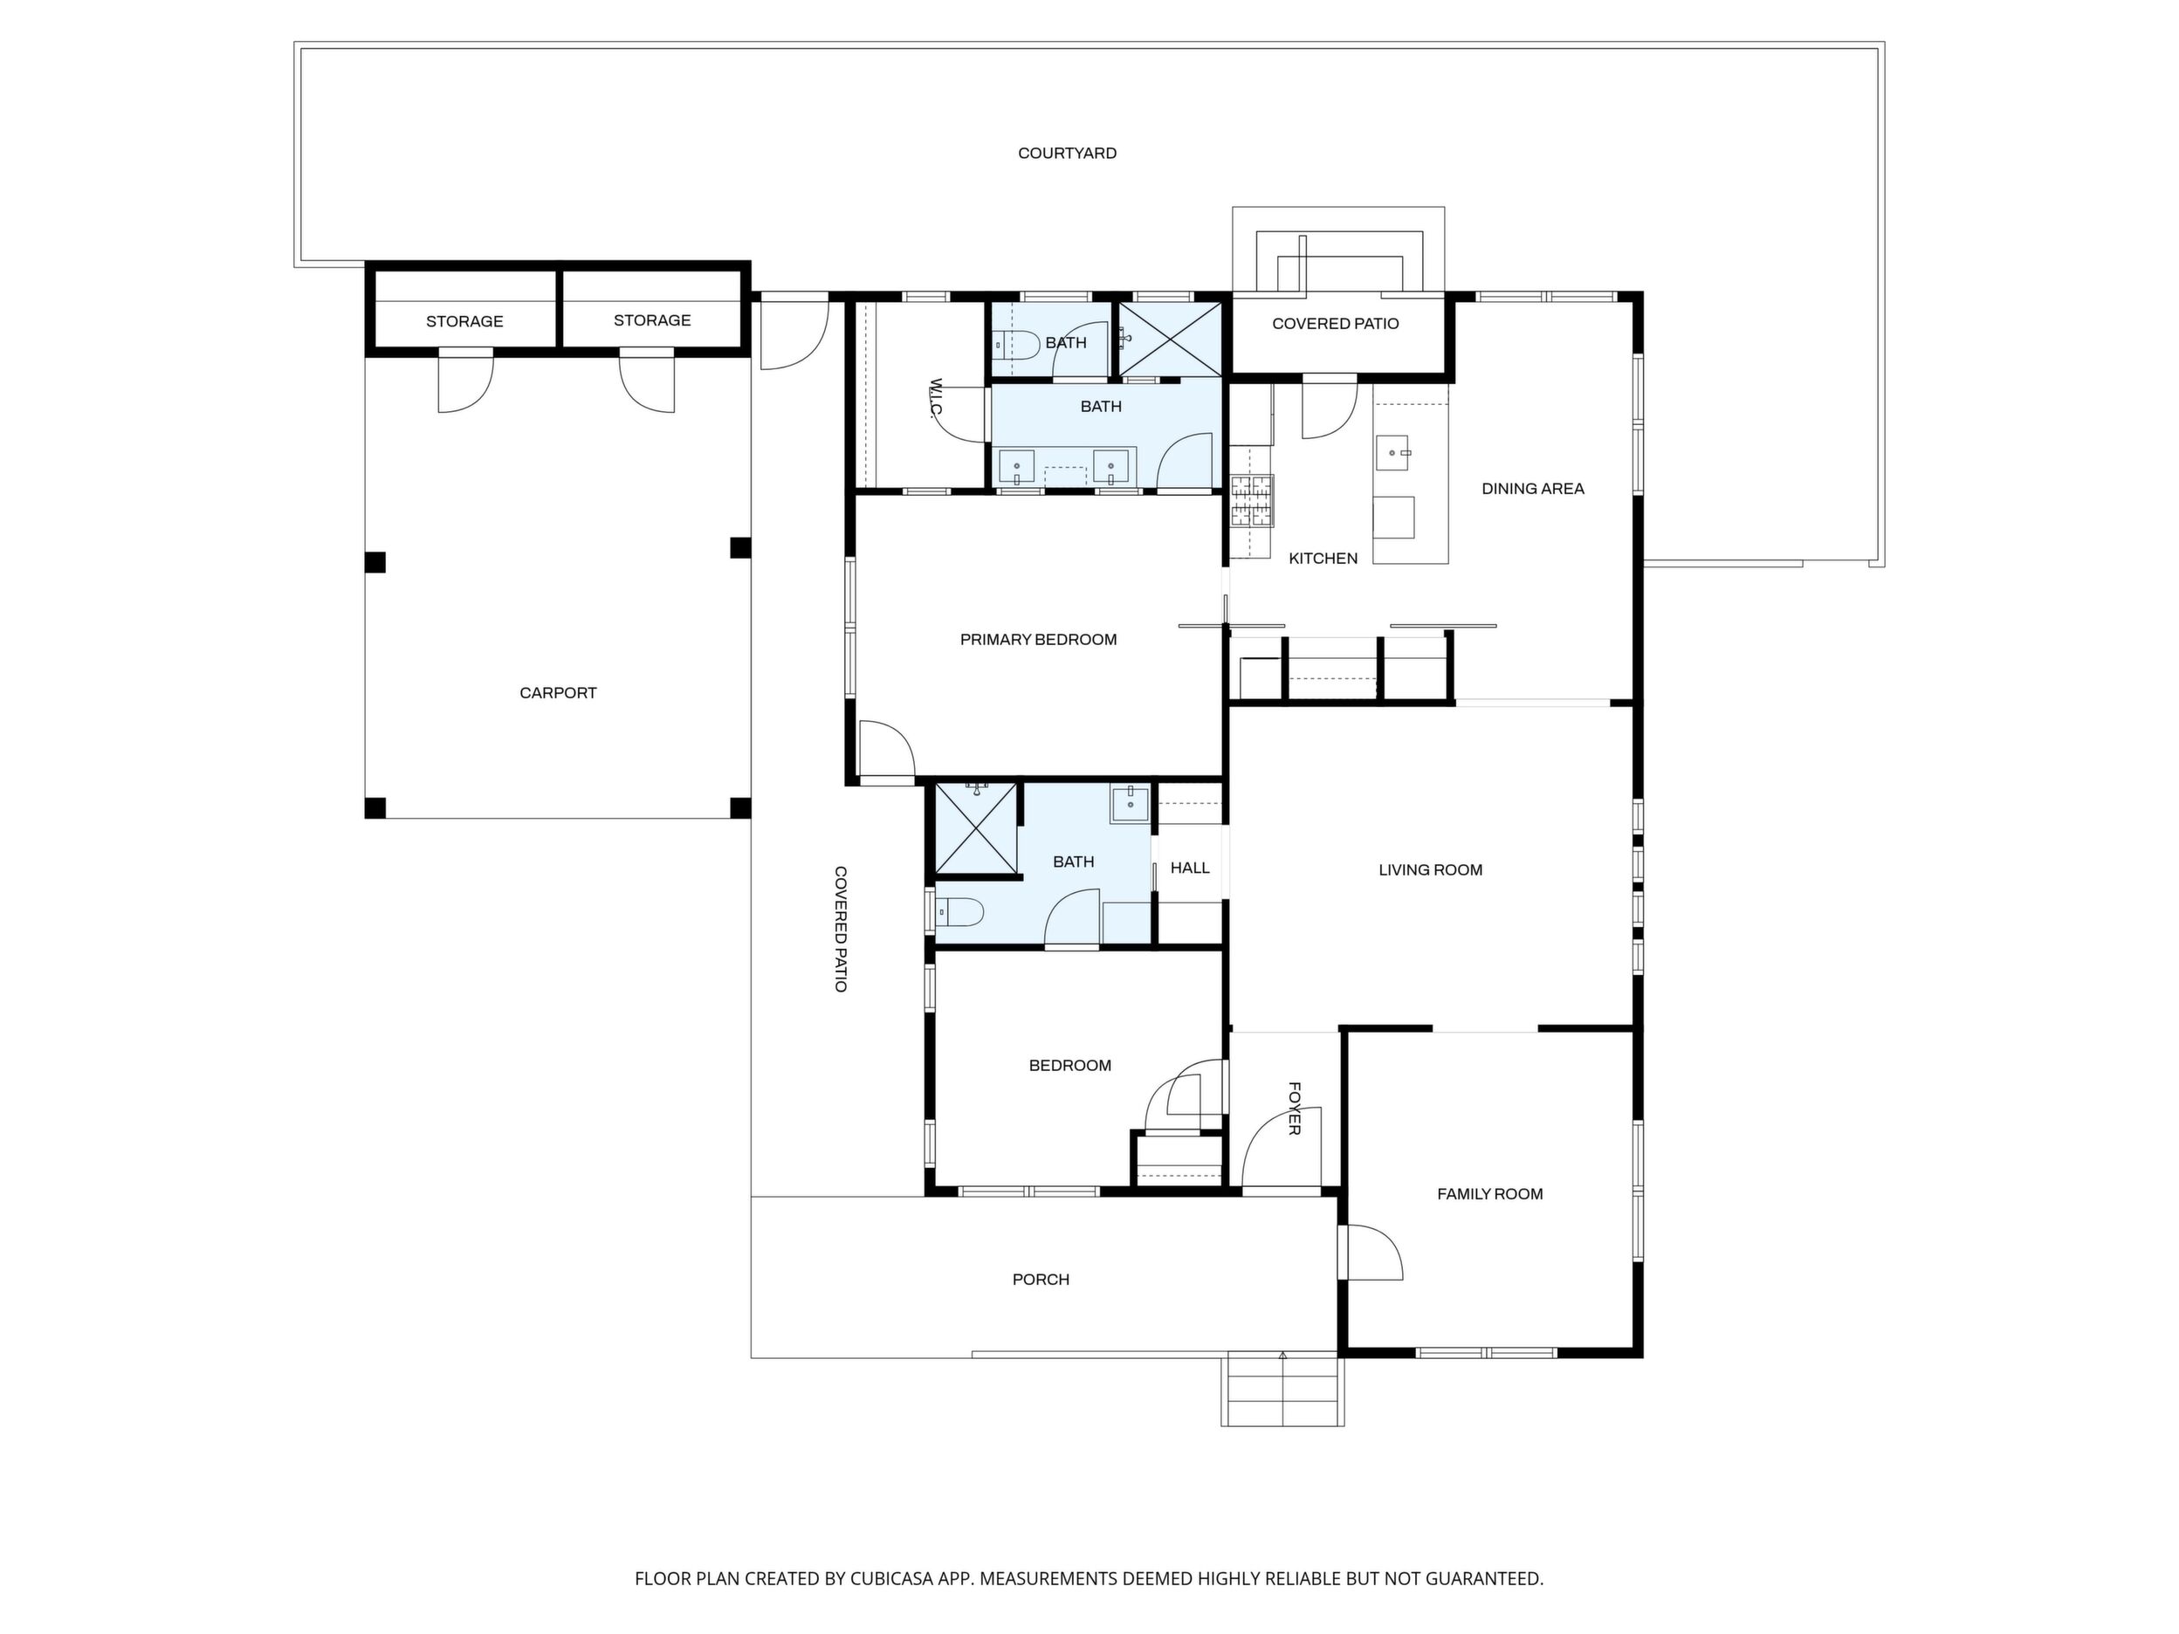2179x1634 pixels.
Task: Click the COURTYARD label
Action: [1067, 154]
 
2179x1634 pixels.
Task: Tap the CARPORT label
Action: [558, 693]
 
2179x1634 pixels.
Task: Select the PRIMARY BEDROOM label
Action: [1038, 640]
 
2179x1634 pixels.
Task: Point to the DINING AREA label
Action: [1533, 489]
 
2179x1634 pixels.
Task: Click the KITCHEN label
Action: [1323, 559]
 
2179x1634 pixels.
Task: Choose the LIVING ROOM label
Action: [1430, 869]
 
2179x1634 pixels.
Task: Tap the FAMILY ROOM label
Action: [1489, 1194]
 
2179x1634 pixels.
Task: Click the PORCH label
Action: [1041, 1280]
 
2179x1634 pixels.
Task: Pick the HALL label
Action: [1190, 868]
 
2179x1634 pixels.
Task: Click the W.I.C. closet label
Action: [937, 399]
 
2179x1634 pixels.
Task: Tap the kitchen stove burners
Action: [1251, 500]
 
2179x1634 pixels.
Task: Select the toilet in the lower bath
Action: [958, 913]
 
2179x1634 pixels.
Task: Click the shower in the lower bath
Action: [975, 828]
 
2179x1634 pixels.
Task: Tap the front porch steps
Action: [1282, 1390]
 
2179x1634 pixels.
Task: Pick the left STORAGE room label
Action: [464, 322]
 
